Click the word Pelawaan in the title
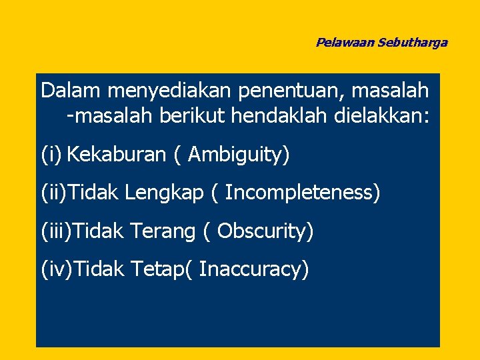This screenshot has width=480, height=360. pyautogui.click(x=345, y=43)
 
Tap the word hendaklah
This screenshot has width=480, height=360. pyautogui.click(x=278, y=116)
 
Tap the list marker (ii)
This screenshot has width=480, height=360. pyautogui.click(x=54, y=193)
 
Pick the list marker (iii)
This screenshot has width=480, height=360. pyautogui.click(x=57, y=231)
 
